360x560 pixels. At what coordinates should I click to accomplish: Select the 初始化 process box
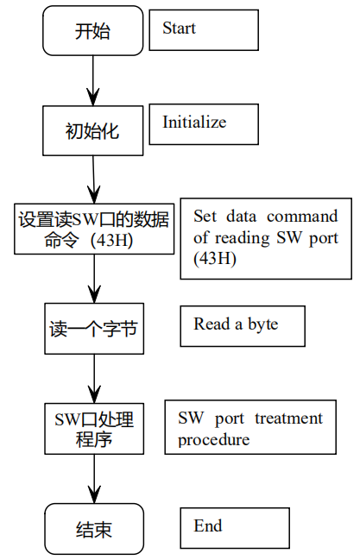(x=92, y=131)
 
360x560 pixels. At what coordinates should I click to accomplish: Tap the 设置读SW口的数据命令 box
(x=92, y=228)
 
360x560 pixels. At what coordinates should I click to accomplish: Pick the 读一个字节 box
(x=92, y=329)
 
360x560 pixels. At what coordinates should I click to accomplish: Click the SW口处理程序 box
(x=92, y=430)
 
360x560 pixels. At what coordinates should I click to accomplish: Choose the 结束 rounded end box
(x=92, y=529)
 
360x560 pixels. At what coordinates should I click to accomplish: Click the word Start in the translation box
(x=179, y=28)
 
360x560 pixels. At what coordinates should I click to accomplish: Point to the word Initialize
(x=194, y=123)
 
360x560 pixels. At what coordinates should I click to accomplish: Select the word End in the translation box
(x=208, y=525)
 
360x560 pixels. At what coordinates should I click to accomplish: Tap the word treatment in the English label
(x=288, y=418)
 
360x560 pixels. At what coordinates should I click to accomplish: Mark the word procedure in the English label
(x=213, y=439)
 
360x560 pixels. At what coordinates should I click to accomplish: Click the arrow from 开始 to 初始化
(x=92, y=82)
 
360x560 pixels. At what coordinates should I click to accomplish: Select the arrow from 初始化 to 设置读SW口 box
(x=92, y=179)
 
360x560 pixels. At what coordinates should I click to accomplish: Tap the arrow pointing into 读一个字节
(x=92, y=278)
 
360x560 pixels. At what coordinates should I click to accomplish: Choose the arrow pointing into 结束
(x=92, y=479)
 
